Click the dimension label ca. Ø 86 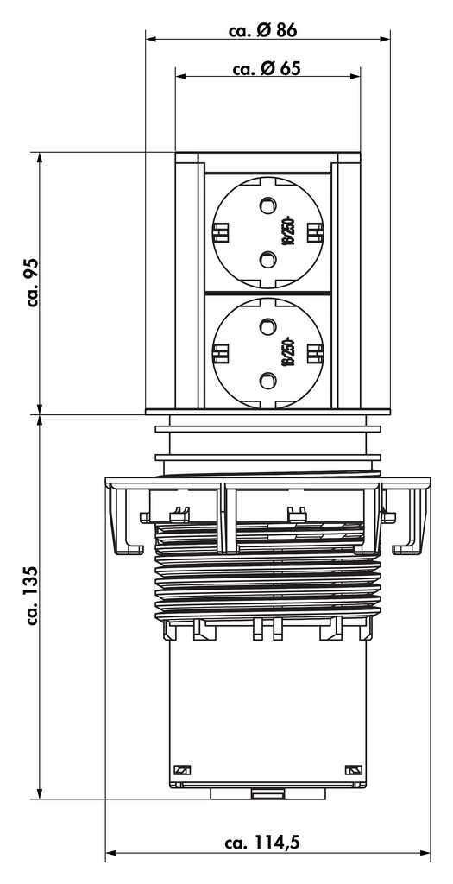tap(263, 29)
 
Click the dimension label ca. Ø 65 tap(267, 69)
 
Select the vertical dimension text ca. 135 tap(32, 595)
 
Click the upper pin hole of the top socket tap(267, 205)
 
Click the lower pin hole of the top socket tap(267, 256)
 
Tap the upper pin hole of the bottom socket tap(267, 327)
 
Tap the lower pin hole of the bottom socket tap(267, 378)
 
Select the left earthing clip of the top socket tap(220, 231)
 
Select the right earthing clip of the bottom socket tap(315, 352)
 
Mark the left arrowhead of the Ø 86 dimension tap(150, 39)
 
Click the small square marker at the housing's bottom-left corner tap(182, 770)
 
